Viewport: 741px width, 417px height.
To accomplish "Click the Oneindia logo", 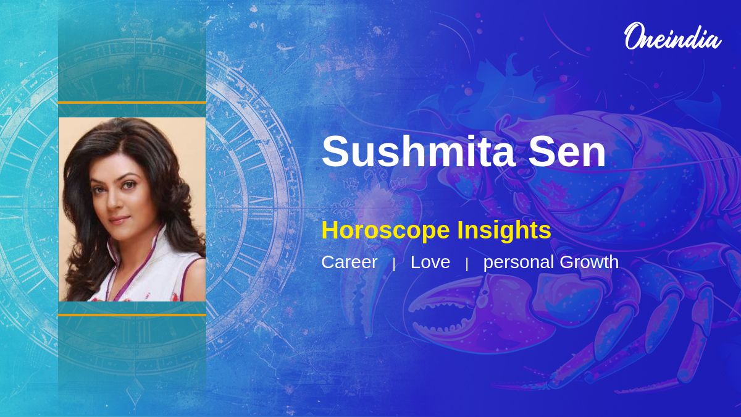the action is click(673, 36).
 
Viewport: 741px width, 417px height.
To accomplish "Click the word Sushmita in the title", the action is click(418, 151).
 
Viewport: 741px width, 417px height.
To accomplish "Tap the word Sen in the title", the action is click(567, 151).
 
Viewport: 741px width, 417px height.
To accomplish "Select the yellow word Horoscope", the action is click(385, 230).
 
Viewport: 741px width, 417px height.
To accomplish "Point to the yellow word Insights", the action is click(504, 230).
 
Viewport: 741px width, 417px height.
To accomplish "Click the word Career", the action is click(350, 262).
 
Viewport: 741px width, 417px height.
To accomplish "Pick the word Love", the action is click(430, 262).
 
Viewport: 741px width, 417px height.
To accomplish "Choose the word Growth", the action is click(589, 262).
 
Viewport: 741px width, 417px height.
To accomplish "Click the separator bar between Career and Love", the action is click(394, 264).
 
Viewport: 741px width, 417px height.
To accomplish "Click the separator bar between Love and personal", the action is click(467, 264).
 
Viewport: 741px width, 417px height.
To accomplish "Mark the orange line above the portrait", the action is click(132, 103).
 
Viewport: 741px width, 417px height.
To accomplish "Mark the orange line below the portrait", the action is click(132, 315).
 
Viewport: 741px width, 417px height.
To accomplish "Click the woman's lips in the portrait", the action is click(119, 219).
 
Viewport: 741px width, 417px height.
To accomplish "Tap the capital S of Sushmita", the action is click(336, 151).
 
